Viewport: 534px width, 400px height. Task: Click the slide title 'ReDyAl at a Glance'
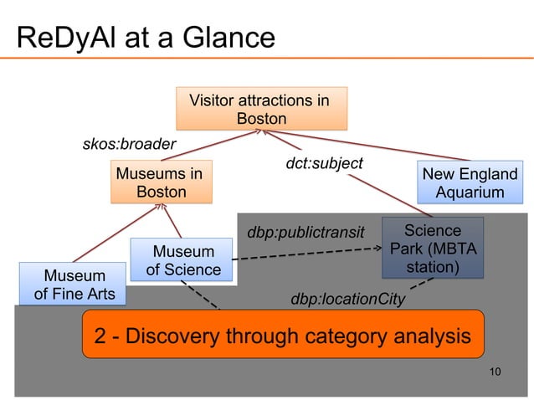click(x=146, y=38)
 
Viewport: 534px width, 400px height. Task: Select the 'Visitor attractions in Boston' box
click(x=261, y=110)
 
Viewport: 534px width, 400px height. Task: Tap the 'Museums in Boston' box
click(x=161, y=183)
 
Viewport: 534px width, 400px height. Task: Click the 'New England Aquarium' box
click(x=470, y=184)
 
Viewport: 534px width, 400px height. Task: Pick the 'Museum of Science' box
click(x=182, y=260)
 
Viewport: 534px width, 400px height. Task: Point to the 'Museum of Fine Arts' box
click(x=74, y=285)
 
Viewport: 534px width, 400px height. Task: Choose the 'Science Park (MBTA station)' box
click(x=431, y=249)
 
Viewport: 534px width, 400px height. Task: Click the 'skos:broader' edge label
click(x=129, y=144)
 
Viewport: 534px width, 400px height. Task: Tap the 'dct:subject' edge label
click(x=324, y=163)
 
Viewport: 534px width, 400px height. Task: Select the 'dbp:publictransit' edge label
click(x=306, y=232)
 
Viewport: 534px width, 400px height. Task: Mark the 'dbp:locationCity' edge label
click(x=347, y=299)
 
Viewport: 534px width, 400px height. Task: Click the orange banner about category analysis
click(x=283, y=338)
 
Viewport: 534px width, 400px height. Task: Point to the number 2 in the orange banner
click(x=100, y=338)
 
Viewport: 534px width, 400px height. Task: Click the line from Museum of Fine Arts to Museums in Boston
click(x=105, y=235)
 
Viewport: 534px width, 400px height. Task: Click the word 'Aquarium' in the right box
click(x=470, y=193)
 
